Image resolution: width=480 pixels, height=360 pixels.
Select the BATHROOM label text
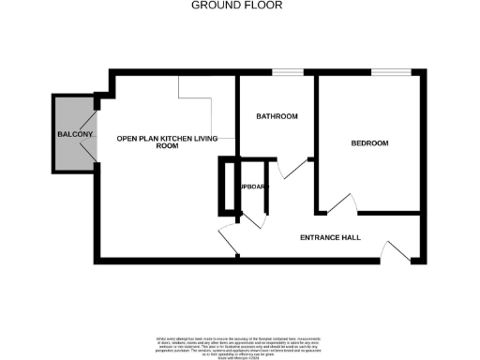[277, 116]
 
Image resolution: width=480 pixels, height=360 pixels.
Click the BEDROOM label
[369, 143]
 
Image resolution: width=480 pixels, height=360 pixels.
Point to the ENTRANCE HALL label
[330, 238]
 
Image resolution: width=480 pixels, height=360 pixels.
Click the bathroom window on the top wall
[288, 72]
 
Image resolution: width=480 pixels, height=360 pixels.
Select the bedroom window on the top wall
[389, 72]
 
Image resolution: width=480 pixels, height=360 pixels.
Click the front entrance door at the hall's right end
[395, 248]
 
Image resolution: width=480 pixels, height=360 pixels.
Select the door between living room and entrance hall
[228, 240]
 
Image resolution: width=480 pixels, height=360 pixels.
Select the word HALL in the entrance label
[351, 238]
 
